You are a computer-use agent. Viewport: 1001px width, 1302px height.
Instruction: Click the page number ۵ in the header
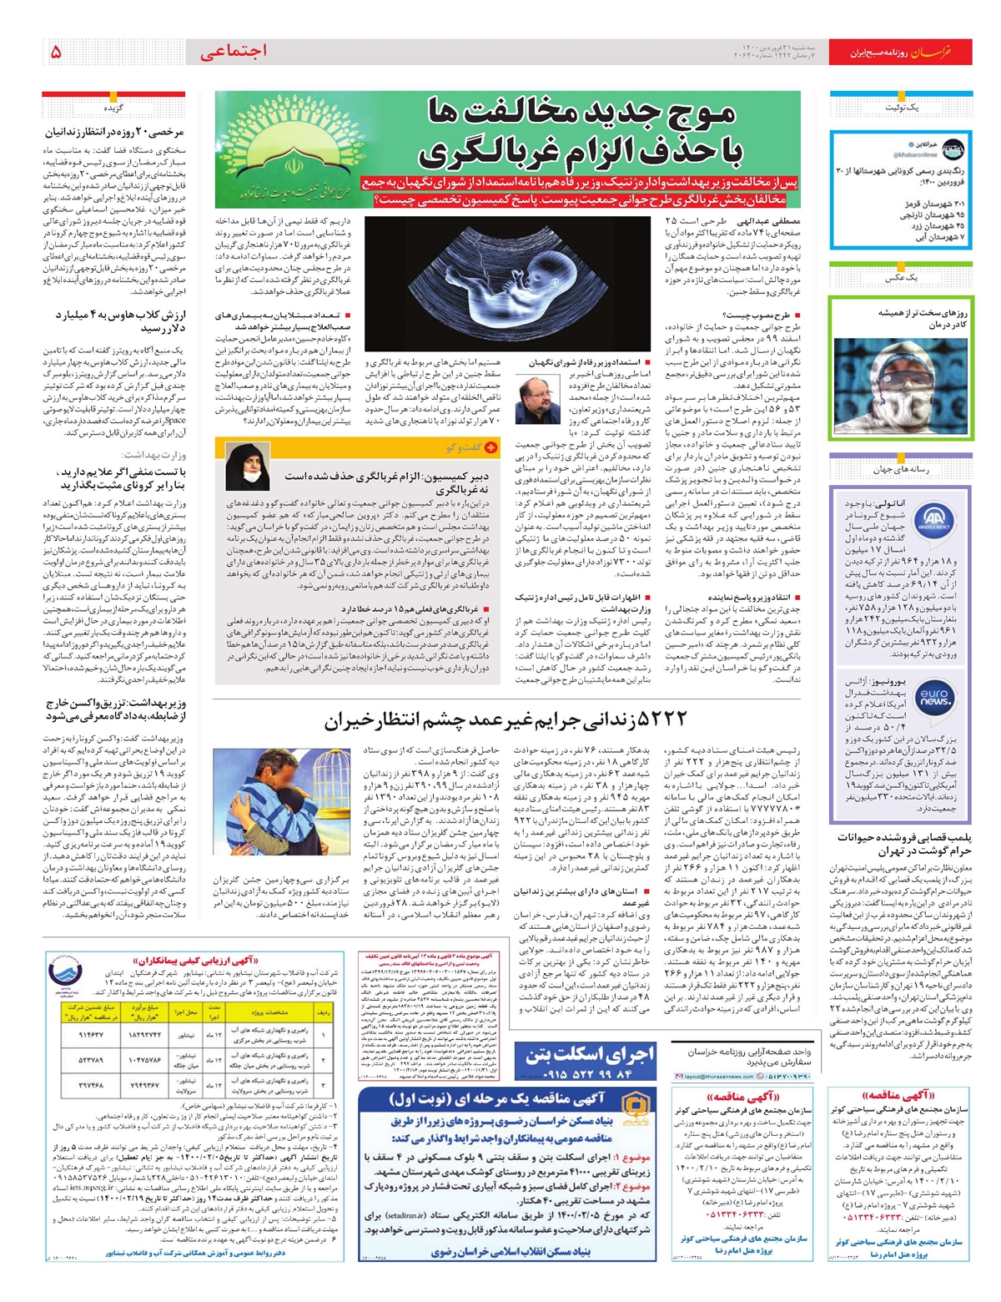point(56,52)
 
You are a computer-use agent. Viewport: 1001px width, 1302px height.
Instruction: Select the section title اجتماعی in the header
point(234,51)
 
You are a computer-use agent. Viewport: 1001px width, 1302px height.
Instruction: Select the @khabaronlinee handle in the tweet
point(915,154)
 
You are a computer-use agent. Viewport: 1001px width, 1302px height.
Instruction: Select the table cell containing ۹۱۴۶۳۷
point(89,1034)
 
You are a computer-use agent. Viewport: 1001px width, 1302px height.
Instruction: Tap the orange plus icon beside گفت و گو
point(491,447)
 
